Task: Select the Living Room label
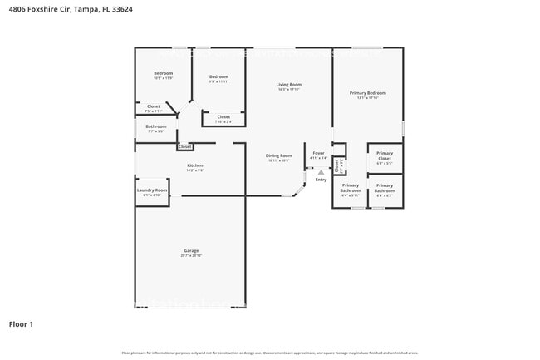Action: (288, 85)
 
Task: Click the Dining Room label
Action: (279, 156)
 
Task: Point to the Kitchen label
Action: (195, 165)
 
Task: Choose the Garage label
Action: (191, 251)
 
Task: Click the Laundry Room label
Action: (152, 190)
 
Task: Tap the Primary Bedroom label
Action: (367, 93)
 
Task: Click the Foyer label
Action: (318, 154)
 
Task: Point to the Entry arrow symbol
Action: (321, 172)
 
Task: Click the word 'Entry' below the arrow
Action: (321, 180)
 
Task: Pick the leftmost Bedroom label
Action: (163, 74)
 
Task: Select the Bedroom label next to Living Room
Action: (218, 76)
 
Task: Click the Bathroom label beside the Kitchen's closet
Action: (156, 127)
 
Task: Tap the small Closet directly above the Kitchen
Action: (184, 146)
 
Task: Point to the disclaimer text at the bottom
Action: (269, 353)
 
